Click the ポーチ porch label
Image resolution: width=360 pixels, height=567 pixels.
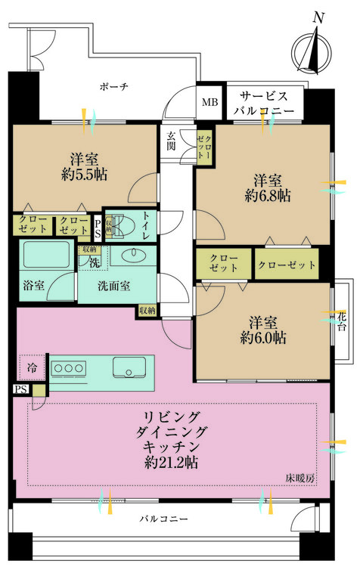(113, 87)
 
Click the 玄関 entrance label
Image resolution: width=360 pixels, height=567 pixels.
(172, 141)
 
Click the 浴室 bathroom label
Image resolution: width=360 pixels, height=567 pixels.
(34, 287)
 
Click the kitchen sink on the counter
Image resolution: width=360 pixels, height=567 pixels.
(127, 368)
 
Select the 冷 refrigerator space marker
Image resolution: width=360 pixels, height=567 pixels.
(32, 367)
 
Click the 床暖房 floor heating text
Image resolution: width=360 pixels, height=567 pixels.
(299, 478)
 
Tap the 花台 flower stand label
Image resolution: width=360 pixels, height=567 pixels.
(342, 322)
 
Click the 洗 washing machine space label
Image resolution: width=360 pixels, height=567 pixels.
(94, 262)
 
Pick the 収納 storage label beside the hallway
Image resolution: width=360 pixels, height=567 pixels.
(147, 310)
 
